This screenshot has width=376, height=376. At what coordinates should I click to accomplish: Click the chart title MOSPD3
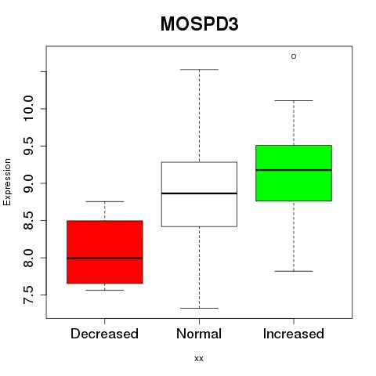[199, 24]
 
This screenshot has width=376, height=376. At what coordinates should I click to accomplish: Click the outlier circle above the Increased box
[294, 56]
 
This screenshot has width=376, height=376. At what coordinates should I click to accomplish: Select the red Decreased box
[105, 252]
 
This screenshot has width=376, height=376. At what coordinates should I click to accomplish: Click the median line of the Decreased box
[105, 258]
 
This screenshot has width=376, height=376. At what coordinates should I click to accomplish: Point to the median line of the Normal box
[199, 193]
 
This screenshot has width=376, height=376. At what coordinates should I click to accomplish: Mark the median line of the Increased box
[294, 170]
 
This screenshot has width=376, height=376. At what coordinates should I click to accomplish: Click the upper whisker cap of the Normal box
[199, 70]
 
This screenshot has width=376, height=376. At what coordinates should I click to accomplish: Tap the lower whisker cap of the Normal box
[199, 308]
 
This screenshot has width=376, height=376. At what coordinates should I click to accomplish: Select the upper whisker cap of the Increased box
[294, 100]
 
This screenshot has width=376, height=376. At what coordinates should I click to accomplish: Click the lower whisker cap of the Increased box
[294, 271]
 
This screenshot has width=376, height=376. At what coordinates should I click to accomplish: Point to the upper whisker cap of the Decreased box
[105, 201]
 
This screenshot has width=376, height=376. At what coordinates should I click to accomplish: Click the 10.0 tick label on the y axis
[28, 108]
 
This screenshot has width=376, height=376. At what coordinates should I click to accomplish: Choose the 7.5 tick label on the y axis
[28, 295]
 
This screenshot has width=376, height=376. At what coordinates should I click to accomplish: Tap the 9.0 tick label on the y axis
[28, 183]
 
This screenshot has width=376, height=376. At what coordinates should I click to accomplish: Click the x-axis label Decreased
[104, 334]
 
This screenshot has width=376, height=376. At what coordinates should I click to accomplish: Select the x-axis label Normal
[199, 334]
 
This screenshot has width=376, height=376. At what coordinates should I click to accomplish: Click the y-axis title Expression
[7, 182]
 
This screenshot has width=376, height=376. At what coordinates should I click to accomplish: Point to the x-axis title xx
[199, 359]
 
